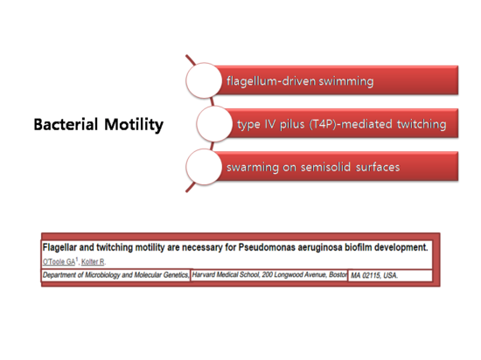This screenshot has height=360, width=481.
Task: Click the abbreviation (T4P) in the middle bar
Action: [328, 125]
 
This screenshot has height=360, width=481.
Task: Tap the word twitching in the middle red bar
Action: [418, 125]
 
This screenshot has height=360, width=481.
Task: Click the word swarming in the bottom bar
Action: [256, 166]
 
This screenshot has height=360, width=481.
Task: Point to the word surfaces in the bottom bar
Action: [382, 166]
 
